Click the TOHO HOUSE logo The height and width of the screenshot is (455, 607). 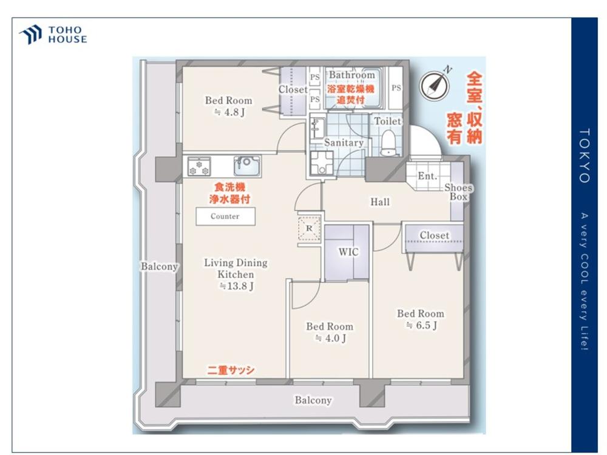[x=53, y=35]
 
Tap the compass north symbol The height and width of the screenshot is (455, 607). [x=435, y=85]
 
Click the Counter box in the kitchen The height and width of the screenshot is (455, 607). [x=225, y=217]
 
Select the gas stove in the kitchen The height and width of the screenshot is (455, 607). [x=199, y=166]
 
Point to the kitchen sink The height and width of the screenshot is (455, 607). [x=247, y=166]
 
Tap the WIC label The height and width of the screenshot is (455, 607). [x=348, y=252]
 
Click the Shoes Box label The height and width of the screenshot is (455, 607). [x=458, y=192]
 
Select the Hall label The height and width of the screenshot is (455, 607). [x=380, y=201]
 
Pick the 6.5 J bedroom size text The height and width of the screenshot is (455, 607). [x=421, y=325]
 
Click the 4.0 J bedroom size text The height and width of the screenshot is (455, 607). [x=330, y=338]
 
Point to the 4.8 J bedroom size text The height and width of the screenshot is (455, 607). [x=229, y=112]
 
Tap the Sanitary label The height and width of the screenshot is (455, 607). [x=344, y=143]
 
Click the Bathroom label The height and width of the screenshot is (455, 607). [x=352, y=75]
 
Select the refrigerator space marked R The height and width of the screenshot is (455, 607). [x=309, y=229]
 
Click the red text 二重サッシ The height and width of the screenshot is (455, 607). [x=231, y=370]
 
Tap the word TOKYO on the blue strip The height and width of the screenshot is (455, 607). [x=585, y=155]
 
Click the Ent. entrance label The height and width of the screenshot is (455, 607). [x=427, y=176]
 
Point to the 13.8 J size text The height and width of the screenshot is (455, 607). [x=237, y=286]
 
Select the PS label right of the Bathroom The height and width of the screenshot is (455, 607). [x=396, y=88]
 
